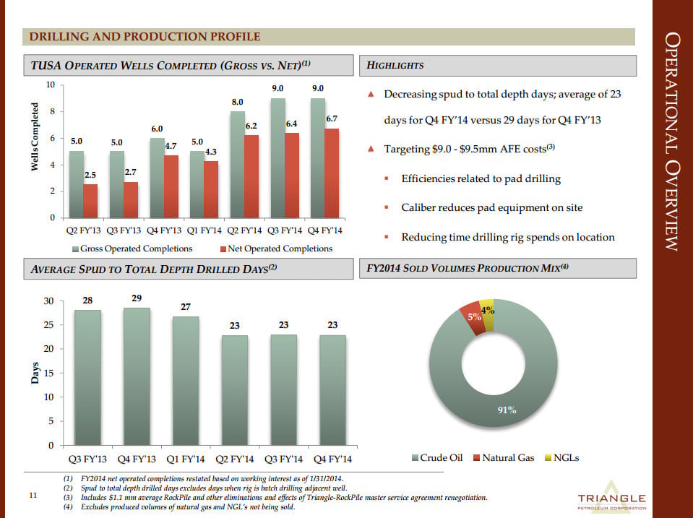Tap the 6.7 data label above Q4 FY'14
point(332,118)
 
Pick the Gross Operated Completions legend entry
point(134,249)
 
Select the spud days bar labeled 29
point(137,376)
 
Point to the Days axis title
point(34,374)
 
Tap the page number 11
point(32,496)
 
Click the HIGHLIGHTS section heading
point(396,66)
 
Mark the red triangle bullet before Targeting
point(371,150)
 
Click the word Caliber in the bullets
point(419,207)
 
